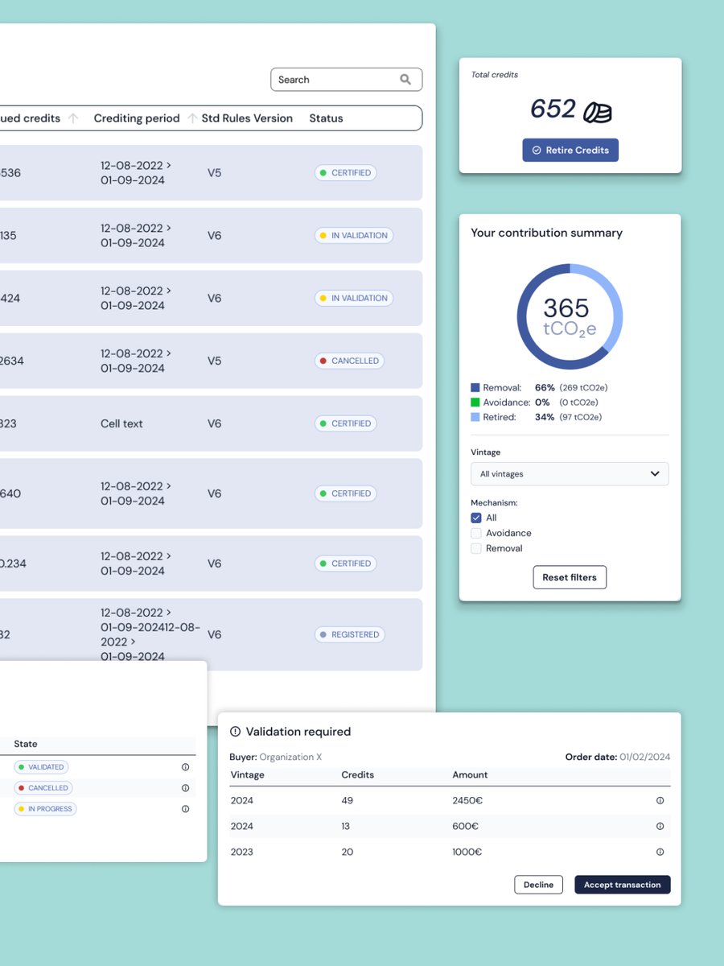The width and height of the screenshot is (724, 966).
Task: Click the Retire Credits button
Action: (570, 151)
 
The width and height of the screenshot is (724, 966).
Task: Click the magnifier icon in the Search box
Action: (405, 80)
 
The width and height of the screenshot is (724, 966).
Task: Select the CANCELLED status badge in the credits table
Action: (349, 361)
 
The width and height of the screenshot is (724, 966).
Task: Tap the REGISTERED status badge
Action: (349, 634)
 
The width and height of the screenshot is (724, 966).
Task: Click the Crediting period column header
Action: (137, 118)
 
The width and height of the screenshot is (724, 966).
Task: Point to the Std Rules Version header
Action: (247, 118)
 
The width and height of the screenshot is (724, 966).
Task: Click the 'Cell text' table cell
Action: (121, 423)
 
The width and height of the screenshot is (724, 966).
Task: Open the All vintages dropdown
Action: (570, 474)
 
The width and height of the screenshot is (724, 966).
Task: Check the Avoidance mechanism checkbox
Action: (476, 533)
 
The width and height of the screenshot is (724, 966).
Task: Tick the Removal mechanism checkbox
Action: (476, 548)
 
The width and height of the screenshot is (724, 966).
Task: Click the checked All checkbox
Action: (476, 518)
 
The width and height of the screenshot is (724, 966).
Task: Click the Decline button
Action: (538, 885)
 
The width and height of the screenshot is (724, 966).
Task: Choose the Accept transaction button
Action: (622, 885)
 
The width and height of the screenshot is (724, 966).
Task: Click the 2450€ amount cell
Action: (467, 801)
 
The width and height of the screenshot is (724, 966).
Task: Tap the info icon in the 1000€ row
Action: (660, 852)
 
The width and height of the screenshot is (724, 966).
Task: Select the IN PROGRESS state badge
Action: (45, 809)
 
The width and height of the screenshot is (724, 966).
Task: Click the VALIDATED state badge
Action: (41, 767)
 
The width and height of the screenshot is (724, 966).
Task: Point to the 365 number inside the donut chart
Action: (566, 308)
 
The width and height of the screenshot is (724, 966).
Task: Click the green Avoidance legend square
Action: (475, 402)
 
